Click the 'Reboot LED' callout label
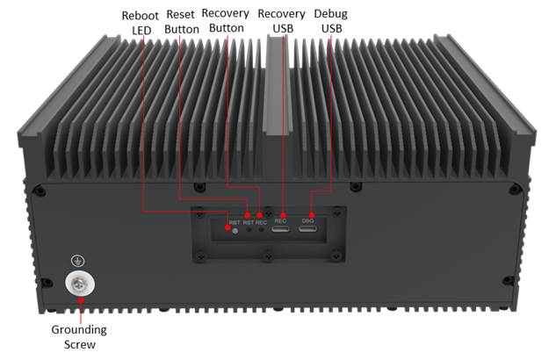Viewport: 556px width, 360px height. [141, 22]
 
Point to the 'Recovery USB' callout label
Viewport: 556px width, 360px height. [282, 22]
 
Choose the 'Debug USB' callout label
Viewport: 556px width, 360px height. [330, 22]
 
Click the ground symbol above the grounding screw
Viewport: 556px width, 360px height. [79, 260]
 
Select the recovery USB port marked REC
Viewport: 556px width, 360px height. [281, 230]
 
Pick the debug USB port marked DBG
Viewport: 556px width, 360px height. [308, 230]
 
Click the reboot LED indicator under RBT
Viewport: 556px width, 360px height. [235, 230]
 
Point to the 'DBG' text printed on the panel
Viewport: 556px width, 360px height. [308, 220]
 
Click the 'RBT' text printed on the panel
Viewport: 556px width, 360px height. [234, 222]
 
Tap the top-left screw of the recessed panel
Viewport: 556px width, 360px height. [200, 213]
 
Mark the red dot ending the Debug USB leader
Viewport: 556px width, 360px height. [311, 213]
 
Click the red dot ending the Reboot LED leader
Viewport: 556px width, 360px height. [227, 230]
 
